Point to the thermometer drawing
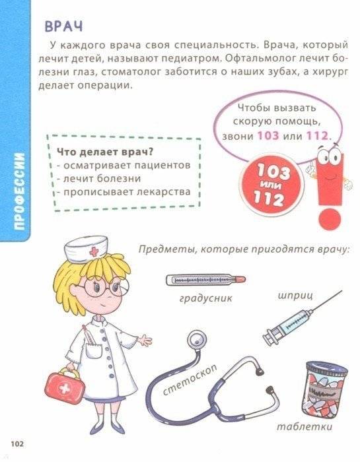(205, 280)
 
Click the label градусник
(206, 299)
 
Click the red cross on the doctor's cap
(94, 251)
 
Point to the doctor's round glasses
(105, 288)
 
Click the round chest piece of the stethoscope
(196, 341)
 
